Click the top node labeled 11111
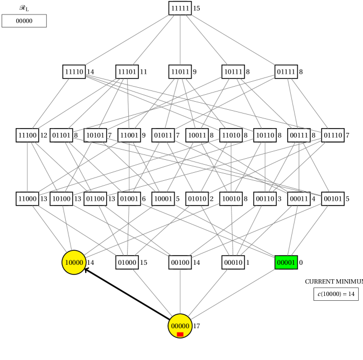pos(180,8)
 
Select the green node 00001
pos(286,263)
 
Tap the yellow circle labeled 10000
pos(74,263)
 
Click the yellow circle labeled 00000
pos(180,326)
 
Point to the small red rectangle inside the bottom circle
pos(180,334)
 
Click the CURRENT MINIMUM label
pos(333,281)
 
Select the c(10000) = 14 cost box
pos(336,294)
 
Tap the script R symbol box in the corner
pos(24,8)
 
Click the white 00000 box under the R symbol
pos(24,21)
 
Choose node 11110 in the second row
pos(74,72)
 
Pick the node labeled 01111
pos(286,72)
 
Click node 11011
pos(180,72)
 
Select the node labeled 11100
pos(27,135)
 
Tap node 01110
pos(333,135)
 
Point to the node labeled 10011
pos(197,135)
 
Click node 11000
pos(27,199)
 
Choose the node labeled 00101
pos(333,199)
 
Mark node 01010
pos(197,199)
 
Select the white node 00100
pos(180,263)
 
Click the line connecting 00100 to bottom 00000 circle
pos(180,291)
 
